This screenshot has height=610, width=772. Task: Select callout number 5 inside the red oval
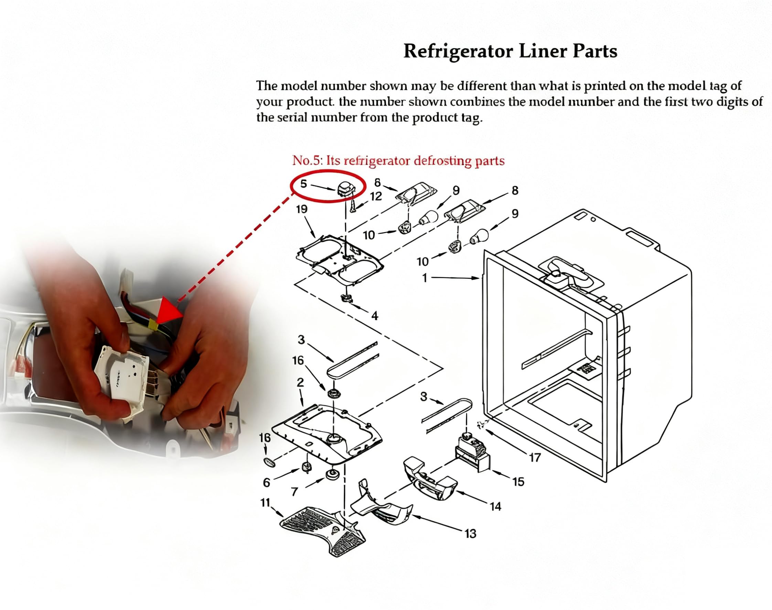pyautogui.click(x=303, y=184)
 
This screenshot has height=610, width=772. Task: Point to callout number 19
pyautogui.click(x=302, y=209)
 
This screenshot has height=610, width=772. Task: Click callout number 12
pyautogui.click(x=376, y=197)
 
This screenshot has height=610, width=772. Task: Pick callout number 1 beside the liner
pyautogui.click(x=425, y=278)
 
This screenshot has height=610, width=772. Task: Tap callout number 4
pyautogui.click(x=374, y=316)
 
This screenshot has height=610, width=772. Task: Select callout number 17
pyautogui.click(x=535, y=457)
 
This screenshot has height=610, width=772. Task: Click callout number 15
pyautogui.click(x=518, y=482)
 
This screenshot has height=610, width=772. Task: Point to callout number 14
pyautogui.click(x=495, y=506)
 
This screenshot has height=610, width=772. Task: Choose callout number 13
pyautogui.click(x=470, y=534)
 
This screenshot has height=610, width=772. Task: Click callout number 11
pyautogui.click(x=265, y=503)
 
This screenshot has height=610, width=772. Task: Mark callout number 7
pyautogui.click(x=294, y=492)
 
